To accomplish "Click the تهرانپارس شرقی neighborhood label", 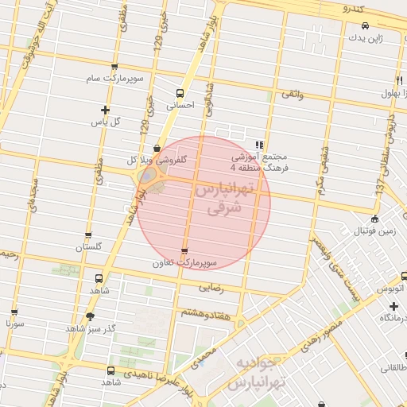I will tap(223, 200).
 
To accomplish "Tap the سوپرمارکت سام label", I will tap(115, 80).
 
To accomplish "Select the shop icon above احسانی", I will tap(180, 91).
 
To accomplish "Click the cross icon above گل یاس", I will tap(105, 109).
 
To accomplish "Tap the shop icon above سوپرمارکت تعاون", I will tap(185, 250).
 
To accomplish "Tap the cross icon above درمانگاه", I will tap(393, 306).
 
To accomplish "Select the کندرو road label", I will tap(351, 9).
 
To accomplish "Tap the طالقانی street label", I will tap(392, 368).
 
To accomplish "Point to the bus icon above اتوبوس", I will tap(404, 275).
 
